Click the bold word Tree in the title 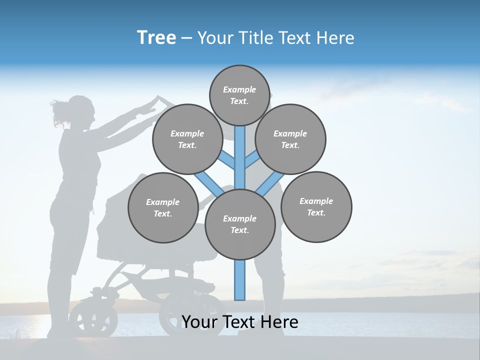pyautogui.click(x=156, y=37)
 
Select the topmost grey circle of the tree pyautogui.click(x=239, y=95)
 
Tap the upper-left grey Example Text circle pyautogui.click(x=187, y=139)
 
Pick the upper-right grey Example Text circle pyautogui.click(x=290, y=139)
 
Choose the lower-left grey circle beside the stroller pyautogui.click(x=162, y=207)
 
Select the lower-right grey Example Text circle pyautogui.click(x=316, y=206)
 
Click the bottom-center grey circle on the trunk pyautogui.click(x=239, y=224)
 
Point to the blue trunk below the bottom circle pyautogui.click(x=240, y=280)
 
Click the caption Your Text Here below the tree pyautogui.click(x=239, y=322)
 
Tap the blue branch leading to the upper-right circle pyautogui.click(x=251, y=161)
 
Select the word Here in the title pyautogui.click(x=336, y=38)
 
